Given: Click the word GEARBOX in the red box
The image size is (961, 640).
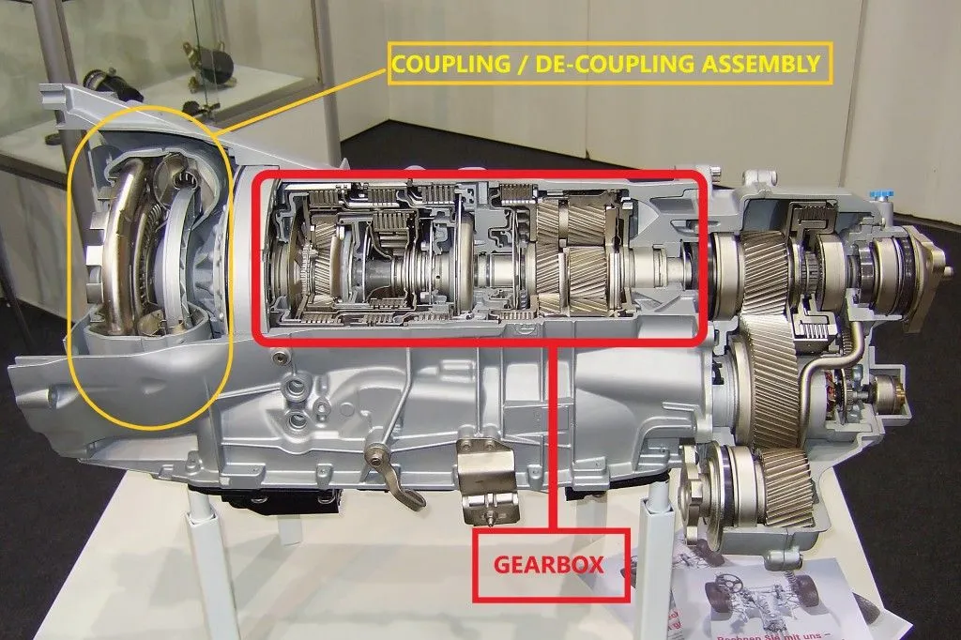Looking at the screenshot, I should pyautogui.click(x=550, y=566).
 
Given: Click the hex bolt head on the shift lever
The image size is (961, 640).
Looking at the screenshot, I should pyautogui.click(x=375, y=452).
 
